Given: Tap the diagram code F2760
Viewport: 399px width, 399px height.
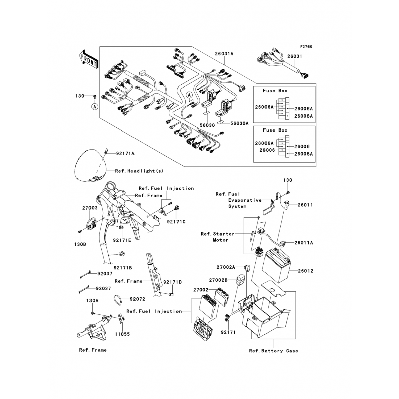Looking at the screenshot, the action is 306,47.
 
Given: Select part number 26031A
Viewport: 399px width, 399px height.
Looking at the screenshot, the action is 224,54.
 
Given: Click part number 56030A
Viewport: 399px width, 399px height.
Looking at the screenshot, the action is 239,123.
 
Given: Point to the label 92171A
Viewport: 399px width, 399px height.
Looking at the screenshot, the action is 125,153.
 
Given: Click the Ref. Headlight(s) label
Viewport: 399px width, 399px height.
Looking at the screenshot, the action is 139,171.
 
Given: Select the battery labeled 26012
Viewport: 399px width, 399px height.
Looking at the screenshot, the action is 277,265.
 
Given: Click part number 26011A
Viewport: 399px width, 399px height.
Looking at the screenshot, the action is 304,243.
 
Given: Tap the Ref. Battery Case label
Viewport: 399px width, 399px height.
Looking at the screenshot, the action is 273,351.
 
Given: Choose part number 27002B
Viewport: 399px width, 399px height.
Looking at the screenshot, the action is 218,280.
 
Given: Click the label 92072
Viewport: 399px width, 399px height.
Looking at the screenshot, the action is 138,299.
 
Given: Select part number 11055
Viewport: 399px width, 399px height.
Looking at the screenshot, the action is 122,334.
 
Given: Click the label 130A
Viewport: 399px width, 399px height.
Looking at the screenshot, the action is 92,301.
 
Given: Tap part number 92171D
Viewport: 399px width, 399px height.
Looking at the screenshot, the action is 173,282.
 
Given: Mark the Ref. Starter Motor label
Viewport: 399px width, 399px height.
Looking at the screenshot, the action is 218,237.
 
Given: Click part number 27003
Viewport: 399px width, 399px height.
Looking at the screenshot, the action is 90,208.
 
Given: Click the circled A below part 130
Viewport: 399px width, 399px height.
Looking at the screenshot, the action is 94,107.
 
